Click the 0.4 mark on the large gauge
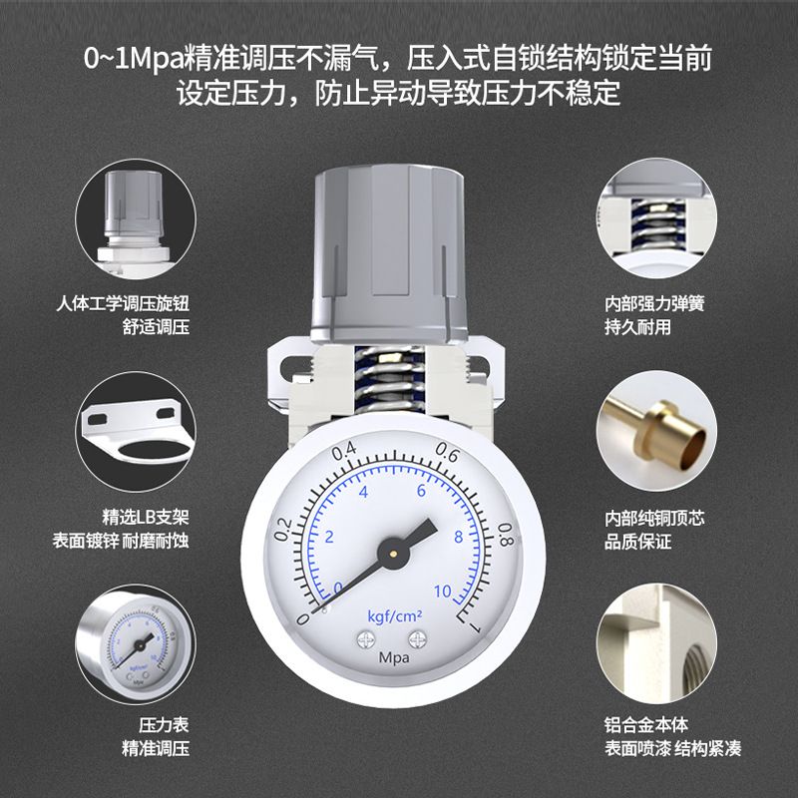(x=344, y=450)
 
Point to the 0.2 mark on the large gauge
(x=283, y=530)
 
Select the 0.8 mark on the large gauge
(x=507, y=535)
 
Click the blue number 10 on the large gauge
(x=442, y=591)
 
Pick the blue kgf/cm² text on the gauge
(x=395, y=616)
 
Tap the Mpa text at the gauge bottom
(x=394, y=657)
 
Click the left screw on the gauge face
(x=365, y=639)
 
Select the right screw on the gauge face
(x=417, y=639)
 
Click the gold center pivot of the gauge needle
(x=393, y=553)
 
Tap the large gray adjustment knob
(x=389, y=253)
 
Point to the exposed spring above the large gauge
(x=390, y=379)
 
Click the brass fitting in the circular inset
(x=659, y=434)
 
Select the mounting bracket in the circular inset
(x=137, y=432)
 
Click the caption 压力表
(x=164, y=725)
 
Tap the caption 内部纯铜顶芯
(x=654, y=519)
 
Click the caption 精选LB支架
(x=146, y=517)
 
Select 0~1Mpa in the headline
(x=134, y=59)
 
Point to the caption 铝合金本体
(x=646, y=725)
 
